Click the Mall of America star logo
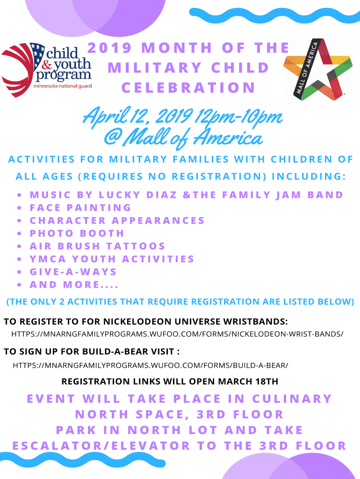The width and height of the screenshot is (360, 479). (x=317, y=70)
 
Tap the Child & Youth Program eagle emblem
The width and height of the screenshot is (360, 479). (x=22, y=70)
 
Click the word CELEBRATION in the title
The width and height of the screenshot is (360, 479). (x=188, y=87)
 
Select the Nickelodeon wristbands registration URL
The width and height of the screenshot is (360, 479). (x=177, y=334)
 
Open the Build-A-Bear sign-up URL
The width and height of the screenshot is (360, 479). (x=150, y=365)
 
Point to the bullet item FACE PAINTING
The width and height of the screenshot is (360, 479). (x=80, y=208)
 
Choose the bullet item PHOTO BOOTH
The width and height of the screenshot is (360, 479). (x=77, y=233)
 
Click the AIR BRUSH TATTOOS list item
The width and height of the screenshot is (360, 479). (x=97, y=246)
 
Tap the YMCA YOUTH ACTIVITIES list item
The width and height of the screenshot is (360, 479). (x=112, y=259)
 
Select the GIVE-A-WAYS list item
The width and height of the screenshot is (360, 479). (x=73, y=272)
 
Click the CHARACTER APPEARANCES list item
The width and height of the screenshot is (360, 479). (x=117, y=221)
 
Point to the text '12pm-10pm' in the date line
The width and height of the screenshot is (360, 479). (x=238, y=116)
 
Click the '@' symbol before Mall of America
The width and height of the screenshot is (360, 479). (x=112, y=138)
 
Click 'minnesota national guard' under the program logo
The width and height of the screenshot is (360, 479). (x=63, y=86)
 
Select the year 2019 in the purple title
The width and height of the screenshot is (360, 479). (x=109, y=48)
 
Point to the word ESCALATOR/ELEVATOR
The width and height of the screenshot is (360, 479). (x=101, y=446)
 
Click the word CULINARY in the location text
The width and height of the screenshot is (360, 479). (x=292, y=399)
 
